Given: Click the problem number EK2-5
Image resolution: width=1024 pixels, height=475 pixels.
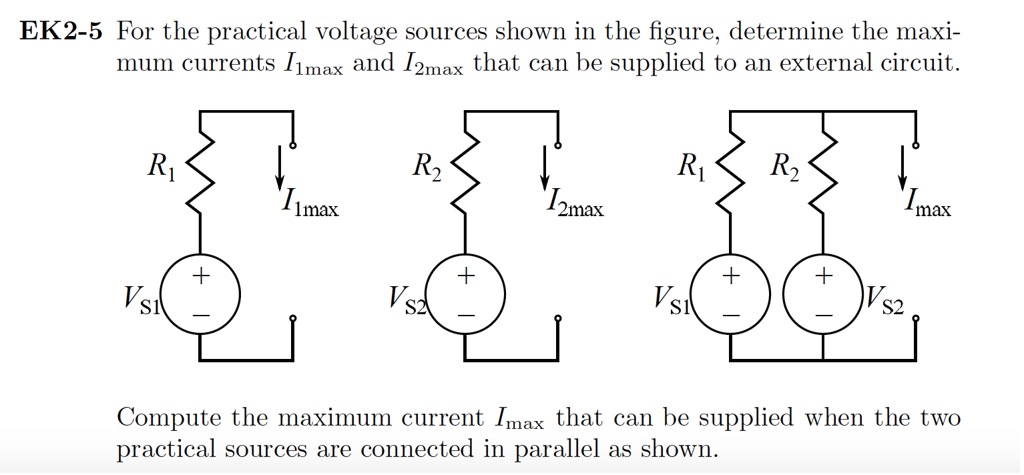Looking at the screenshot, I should tap(61, 32).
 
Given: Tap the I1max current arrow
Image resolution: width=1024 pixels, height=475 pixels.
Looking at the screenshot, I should tap(280, 167).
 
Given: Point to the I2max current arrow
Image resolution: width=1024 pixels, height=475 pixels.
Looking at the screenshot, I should tap(545, 167).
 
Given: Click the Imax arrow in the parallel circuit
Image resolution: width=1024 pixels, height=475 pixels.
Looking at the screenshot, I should tap(903, 167).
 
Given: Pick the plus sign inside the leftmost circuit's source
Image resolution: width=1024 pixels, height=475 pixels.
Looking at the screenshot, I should tap(200, 276).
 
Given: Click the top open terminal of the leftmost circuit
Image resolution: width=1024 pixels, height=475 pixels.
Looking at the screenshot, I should tap(293, 145).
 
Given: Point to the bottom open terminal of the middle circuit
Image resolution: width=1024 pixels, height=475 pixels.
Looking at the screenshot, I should tap(558, 319).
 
